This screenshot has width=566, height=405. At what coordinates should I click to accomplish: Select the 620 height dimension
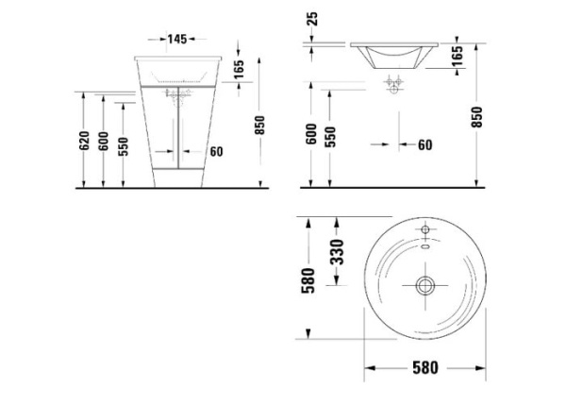tap(84, 141)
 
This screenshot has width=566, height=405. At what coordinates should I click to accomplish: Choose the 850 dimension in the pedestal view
tap(260, 124)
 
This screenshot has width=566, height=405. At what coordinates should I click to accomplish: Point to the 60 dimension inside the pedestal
tap(216, 151)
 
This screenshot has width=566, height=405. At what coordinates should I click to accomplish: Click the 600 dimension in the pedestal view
tap(103, 144)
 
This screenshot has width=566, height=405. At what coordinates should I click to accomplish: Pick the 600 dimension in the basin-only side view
tap(310, 135)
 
